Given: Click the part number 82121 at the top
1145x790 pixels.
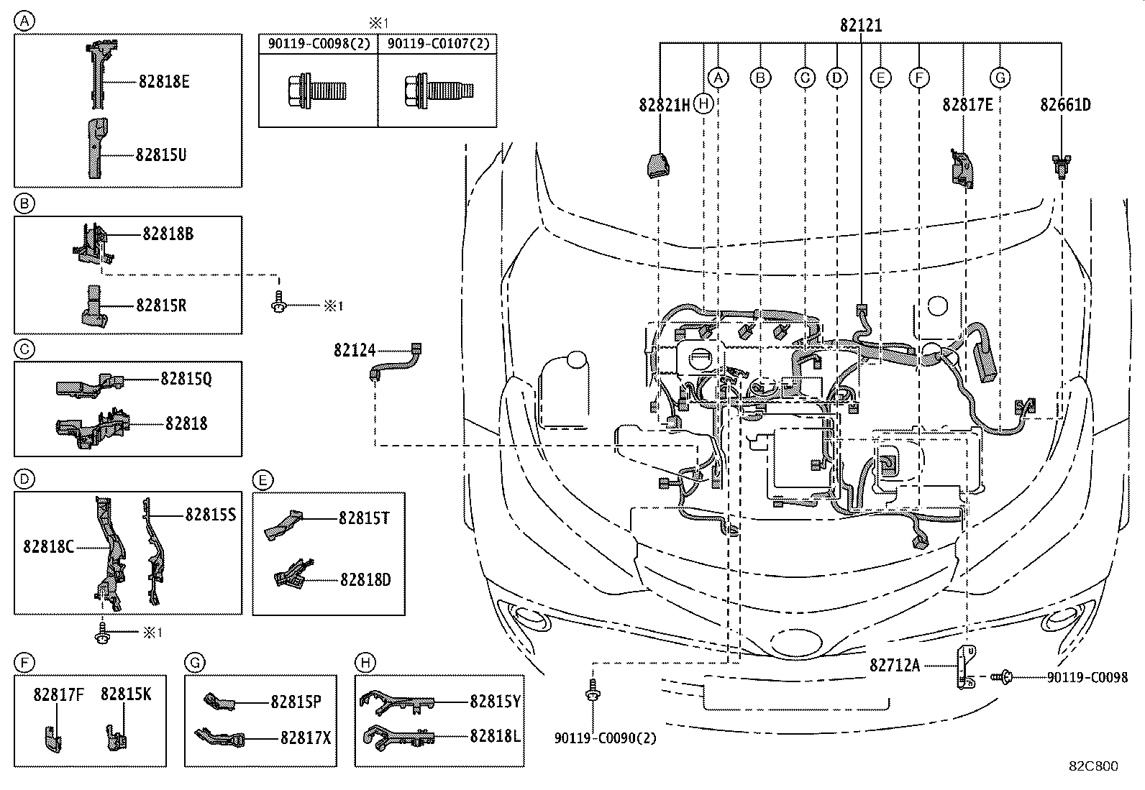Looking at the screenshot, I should click(x=860, y=25).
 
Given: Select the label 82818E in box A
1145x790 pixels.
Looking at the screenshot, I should click(x=164, y=81).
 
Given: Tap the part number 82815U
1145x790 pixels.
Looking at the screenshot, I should click(x=161, y=155).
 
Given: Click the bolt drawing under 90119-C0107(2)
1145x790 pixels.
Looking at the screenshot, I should click(x=439, y=90).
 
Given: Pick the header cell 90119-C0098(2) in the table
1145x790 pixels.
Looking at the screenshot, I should click(x=319, y=44).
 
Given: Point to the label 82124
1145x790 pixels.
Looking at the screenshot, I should click(x=354, y=351).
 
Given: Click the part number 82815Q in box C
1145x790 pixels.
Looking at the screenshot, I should click(x=186, y=378).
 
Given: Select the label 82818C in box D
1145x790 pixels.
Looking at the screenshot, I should click(x=48, y=546).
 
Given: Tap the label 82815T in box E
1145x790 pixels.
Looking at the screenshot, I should click(x=364, y=518).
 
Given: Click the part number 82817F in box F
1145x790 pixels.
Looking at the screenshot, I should click(x=59, y=694).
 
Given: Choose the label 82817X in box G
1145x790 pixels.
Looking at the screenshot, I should click(x=306, y=738).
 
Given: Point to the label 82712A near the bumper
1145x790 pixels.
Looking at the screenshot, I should click(x=894, y=665).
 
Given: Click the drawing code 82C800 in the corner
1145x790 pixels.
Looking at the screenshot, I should click(x=1092, y=766).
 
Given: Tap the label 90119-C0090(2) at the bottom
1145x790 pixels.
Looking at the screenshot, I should click(x=605, y=738).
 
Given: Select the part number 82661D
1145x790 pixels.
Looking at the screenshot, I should click(x=1064, y=105).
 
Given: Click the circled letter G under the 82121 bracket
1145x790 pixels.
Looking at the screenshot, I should click(x=1000, y=78).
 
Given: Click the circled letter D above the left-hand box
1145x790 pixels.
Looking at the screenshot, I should click(x=24, y=479).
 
